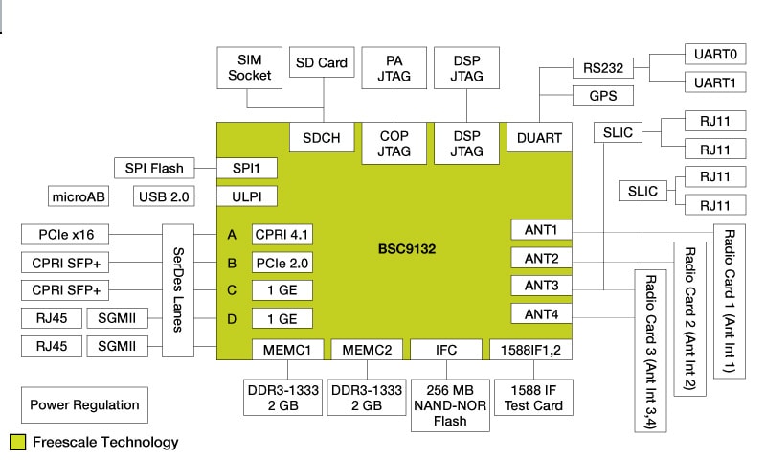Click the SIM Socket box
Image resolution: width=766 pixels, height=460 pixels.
(250, 67)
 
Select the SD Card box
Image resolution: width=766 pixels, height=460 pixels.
(321, 63)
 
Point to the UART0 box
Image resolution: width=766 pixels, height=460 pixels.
(714, 55)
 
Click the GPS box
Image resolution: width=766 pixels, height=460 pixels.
(603, 96)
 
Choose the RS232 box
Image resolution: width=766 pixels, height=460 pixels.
(603, 67)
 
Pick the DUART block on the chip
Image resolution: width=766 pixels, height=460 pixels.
(540, 138)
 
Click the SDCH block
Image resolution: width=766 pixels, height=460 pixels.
(321, 138)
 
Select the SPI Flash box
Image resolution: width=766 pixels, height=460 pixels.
(154, 168)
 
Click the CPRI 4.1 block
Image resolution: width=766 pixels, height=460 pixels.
(282, 234)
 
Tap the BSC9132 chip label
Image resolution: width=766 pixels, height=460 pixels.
(408, 248)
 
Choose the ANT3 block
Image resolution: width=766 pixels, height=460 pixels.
(542, 286)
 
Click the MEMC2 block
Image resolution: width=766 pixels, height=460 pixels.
(367, 350)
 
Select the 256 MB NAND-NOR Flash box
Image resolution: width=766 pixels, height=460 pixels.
(446, 400)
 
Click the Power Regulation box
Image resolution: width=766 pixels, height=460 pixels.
(84, 404)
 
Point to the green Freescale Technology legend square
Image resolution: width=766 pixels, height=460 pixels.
(17, 442)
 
